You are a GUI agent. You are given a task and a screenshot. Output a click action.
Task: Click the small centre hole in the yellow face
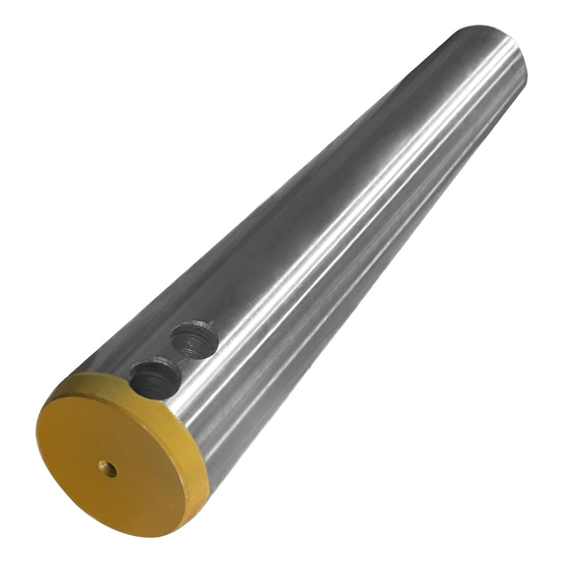point(108,469)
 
